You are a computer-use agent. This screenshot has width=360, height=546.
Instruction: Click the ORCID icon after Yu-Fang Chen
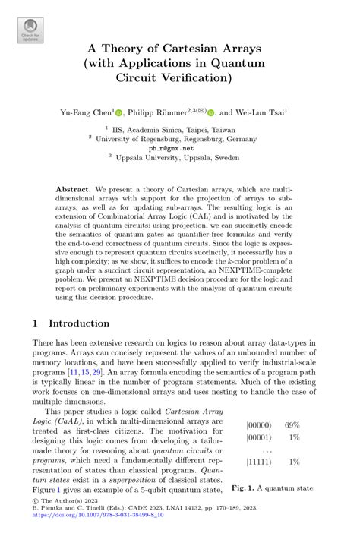[x=119, y=112]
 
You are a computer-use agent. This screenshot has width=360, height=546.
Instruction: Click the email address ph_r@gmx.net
[x=180, y=148]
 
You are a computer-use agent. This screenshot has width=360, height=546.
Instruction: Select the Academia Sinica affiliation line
[x=180, y=130]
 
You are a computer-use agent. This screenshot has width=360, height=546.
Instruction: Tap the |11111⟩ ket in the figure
[x=263, y=462]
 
